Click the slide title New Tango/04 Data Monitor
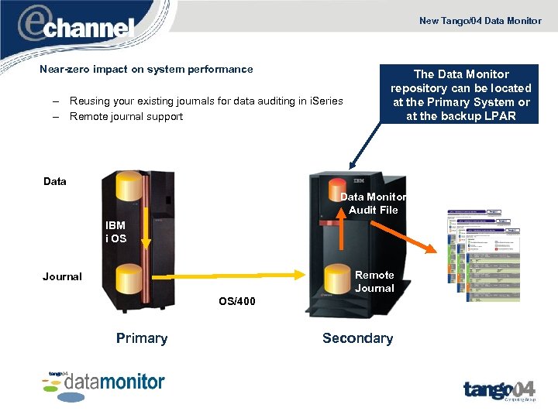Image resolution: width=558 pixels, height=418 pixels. click(480, 21)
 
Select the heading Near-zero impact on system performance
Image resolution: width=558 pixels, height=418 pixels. click(146, 69)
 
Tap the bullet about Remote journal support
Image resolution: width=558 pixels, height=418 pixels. click(126, 117)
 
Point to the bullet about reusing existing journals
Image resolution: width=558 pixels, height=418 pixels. click(206, 101)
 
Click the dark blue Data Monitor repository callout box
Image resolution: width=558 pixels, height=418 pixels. click(460, 95)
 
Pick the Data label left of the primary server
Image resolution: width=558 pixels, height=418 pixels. click(55, 181)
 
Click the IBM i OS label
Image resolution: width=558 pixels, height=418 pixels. click(115, 232)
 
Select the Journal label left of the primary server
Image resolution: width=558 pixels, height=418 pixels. click(62, 276)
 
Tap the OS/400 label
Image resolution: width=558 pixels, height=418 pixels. click(236, 301)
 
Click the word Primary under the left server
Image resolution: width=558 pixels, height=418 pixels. click(141, 338)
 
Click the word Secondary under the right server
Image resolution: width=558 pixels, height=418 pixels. click(357, 338)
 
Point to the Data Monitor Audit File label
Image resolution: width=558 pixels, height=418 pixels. click(374, 204)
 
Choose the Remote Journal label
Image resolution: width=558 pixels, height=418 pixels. click(374, 282)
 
